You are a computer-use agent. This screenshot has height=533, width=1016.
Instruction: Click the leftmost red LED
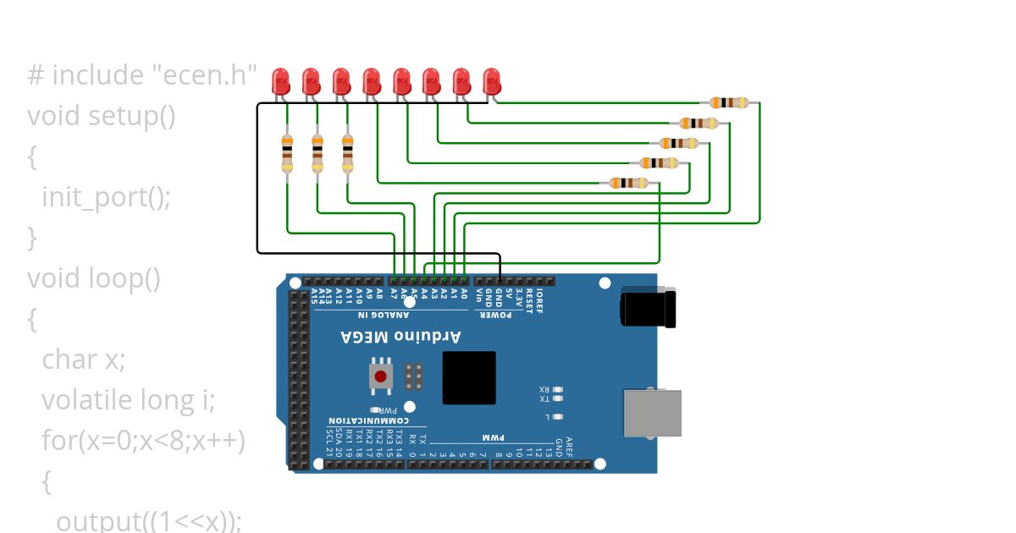(280, 81)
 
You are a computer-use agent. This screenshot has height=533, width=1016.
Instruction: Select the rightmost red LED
(491, 81)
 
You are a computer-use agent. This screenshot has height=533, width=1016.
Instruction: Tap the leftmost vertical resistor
(287, 153)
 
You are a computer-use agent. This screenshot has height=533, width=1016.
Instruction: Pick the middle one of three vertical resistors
(317, 153)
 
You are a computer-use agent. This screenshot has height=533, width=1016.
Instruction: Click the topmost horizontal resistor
(729, 102)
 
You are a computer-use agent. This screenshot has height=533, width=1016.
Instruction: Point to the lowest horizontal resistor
(628, 183)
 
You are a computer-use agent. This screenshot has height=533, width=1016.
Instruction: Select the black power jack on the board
(649, 307)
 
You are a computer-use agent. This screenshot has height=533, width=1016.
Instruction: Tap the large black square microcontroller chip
(469, 377)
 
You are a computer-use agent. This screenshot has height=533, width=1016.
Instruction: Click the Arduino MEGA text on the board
(401, 337)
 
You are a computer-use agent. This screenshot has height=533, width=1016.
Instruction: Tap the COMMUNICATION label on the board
(368, 420)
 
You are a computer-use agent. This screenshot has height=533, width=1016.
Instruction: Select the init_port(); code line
(107, 197)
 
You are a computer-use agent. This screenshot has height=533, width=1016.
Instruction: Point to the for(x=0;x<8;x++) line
(143, 440)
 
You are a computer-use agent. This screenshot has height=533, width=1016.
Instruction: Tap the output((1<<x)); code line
(149, 520)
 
